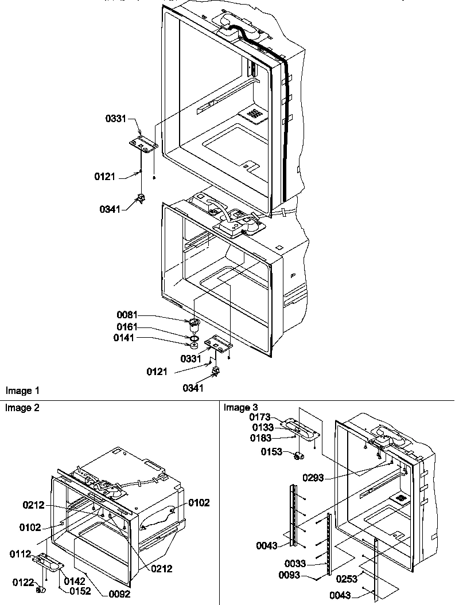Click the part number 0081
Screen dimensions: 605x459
[x=128, y=315]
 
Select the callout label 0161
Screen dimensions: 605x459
[x=128, y=326]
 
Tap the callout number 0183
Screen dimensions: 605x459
[x=260, y=438]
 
